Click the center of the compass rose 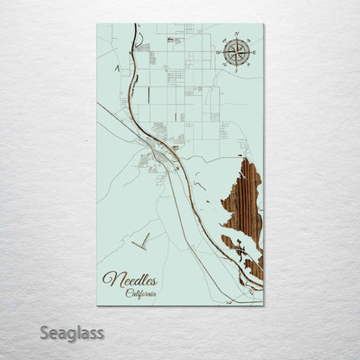[235, 53]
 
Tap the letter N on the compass [235, 36]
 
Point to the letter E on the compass [252, 53]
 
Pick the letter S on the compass [235, 69]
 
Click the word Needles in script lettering [132, 279]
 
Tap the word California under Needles [142, 292]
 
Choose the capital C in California [128, 292]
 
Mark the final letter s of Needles [157, 280]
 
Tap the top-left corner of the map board [98, 24]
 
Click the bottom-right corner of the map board [263, 305]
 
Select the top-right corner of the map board [263, 24]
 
